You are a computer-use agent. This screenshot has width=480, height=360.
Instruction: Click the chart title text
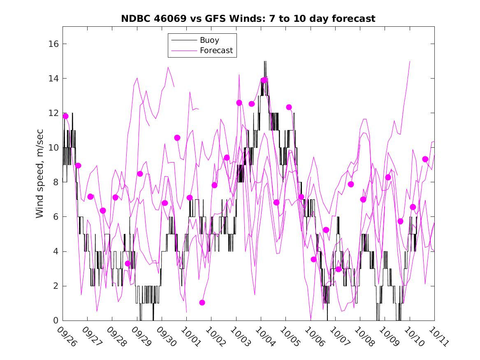[x=248, y=19]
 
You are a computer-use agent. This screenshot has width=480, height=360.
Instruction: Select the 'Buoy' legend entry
[x=209, y=40]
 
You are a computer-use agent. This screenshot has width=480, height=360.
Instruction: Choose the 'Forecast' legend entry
[x=216, y=51]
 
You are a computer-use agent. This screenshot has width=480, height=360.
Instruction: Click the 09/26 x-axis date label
[x=67, y=336]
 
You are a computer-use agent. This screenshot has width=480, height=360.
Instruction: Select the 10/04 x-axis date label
[x=265, y=336]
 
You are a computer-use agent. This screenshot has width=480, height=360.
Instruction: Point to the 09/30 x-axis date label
[x=166, y=336]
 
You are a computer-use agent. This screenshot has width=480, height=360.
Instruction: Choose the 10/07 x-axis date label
[x=340, y=336]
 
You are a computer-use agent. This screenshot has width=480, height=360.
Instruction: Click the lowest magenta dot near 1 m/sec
[x=202, y=302]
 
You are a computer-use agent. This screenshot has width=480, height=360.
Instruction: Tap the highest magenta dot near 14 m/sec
[x=264, y=80]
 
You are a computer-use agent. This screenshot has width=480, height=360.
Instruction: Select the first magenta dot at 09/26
[x=65, y=116]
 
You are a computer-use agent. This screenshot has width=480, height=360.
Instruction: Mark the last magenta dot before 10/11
[x=425, y=159]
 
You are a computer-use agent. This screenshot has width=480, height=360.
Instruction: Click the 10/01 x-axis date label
[x=191, y=336]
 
